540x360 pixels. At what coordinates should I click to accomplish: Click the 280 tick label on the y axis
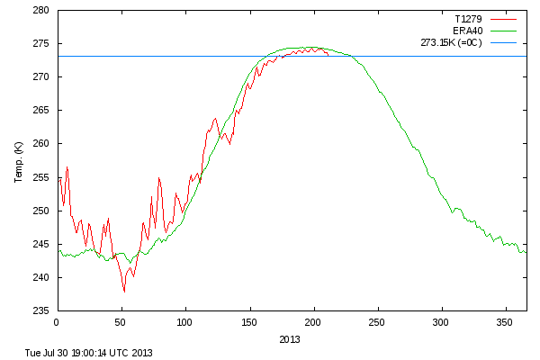tap(41, 11)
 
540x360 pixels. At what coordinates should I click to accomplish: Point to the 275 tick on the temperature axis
tap(41, 44)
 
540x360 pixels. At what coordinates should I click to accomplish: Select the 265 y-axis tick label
tap(41, 111)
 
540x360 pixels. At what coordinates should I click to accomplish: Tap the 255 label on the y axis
tap(41, 177)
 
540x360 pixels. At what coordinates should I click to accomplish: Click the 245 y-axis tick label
tap(41, 244)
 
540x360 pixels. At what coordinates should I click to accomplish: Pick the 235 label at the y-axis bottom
tap(41, 310)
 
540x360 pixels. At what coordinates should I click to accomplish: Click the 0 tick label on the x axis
tap(57, 321)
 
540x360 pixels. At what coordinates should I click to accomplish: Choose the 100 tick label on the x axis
tap(185, 321)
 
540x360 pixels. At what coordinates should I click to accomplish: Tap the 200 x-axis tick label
tap(313, 321)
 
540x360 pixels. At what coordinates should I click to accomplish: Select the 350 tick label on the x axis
tap(506, 321)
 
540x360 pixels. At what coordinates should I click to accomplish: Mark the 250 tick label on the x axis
tap(377, 321)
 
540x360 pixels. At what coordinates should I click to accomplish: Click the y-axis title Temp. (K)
tap(18, 162)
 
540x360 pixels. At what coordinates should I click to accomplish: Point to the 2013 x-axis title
tap(291, 339)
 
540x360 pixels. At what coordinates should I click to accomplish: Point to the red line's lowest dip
tap(124, 292)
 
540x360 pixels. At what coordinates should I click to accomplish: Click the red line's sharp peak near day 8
tap(67, 167)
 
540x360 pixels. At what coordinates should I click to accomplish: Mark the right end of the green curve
tap(526, 251)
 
